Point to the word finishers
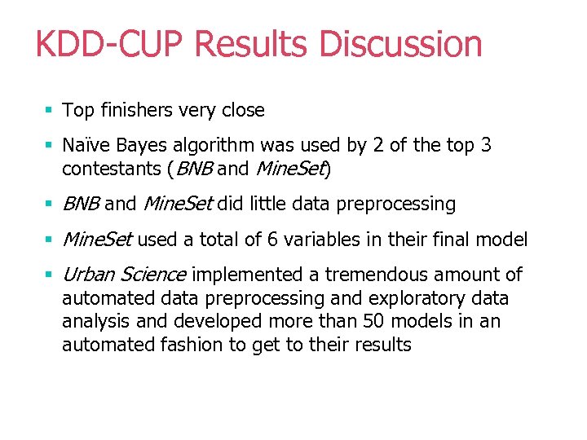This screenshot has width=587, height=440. [x=132, y=110]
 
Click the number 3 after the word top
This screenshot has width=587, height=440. [x=486, y=146]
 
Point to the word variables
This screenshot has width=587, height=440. [x=346, y=240]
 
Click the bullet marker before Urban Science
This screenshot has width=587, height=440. [x=50, y=275]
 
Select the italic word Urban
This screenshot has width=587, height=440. [x=87, y=275]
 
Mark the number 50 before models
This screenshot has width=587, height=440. [x=421, y=321]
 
